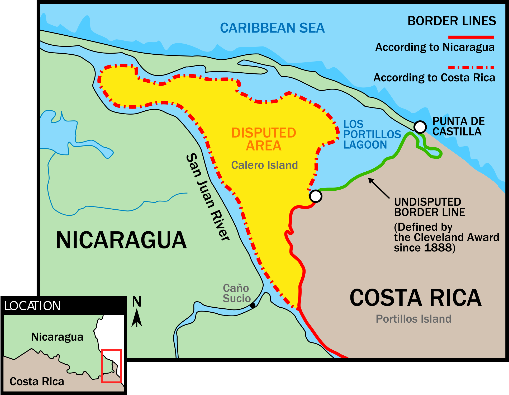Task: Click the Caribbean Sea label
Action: pos(272,28)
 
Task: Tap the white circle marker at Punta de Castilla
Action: pos(420,127)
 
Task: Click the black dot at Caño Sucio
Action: pos(253,305)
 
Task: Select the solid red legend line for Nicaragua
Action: pos(471,37)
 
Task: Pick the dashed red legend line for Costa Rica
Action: pos(471,68)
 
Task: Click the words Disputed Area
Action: pos(264,139)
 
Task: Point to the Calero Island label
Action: pos(264,165)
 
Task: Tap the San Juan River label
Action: pos(208,197)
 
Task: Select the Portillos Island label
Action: pos(413,319)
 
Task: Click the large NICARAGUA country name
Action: pos(121,240)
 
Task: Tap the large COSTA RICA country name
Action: pos(416,298)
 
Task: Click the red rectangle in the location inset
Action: pos(111,366)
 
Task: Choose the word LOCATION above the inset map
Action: pos(32,306)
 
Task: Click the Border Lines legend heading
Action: pos(452,21)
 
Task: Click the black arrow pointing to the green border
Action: pos(379,188)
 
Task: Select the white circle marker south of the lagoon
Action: pos(316,196)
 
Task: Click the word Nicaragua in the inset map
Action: pos(57,337)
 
